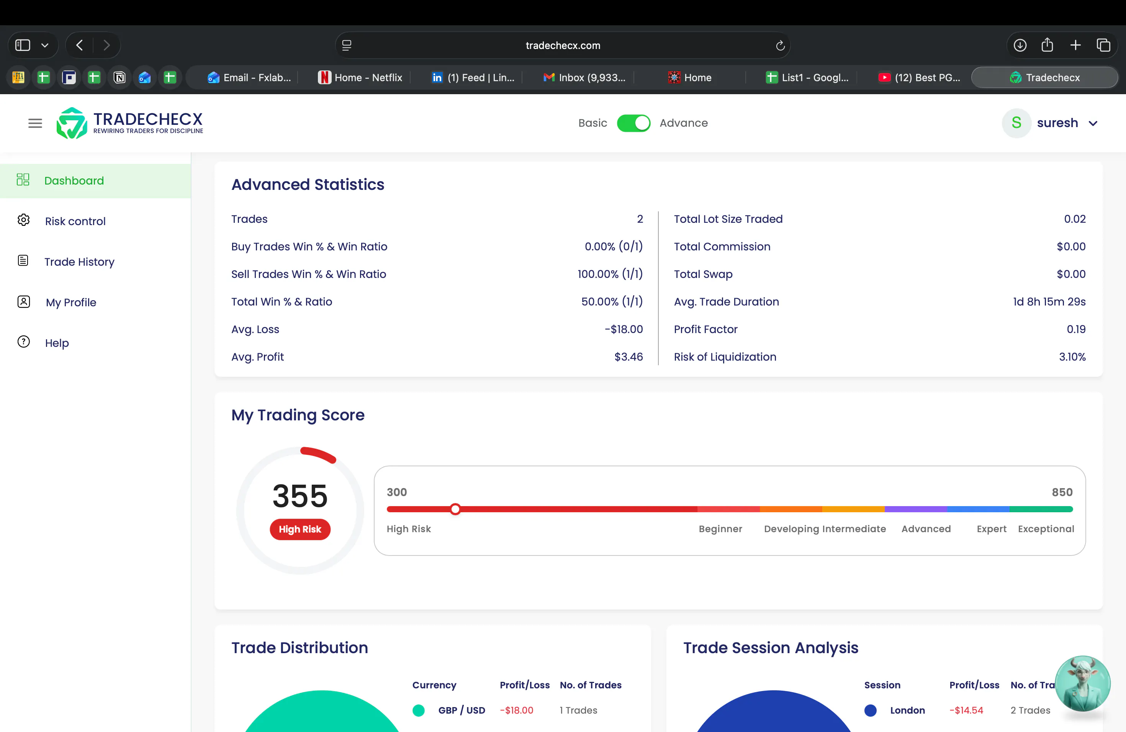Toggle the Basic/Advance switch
[x=633, y=123]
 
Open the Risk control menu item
[x=75, y=221]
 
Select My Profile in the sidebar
[x=71, y=302]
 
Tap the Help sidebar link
[x=57, y=343]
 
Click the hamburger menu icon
[x=35, y=123]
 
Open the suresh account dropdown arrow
[x=1093, y=123]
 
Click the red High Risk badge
[x=300, y=529]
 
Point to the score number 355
[x=300, y=496]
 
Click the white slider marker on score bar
[x=455, y=509]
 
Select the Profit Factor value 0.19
[x=1076, y=329]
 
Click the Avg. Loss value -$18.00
[x=624, y=329]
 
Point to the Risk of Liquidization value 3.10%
[x=1072, y=357]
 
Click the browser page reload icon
[x=780, y=46]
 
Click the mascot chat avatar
[x=1082, y=683]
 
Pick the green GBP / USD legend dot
[x=418, y=710]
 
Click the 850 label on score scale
[x=1062, y=492]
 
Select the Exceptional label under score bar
[x=1046, y=529]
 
